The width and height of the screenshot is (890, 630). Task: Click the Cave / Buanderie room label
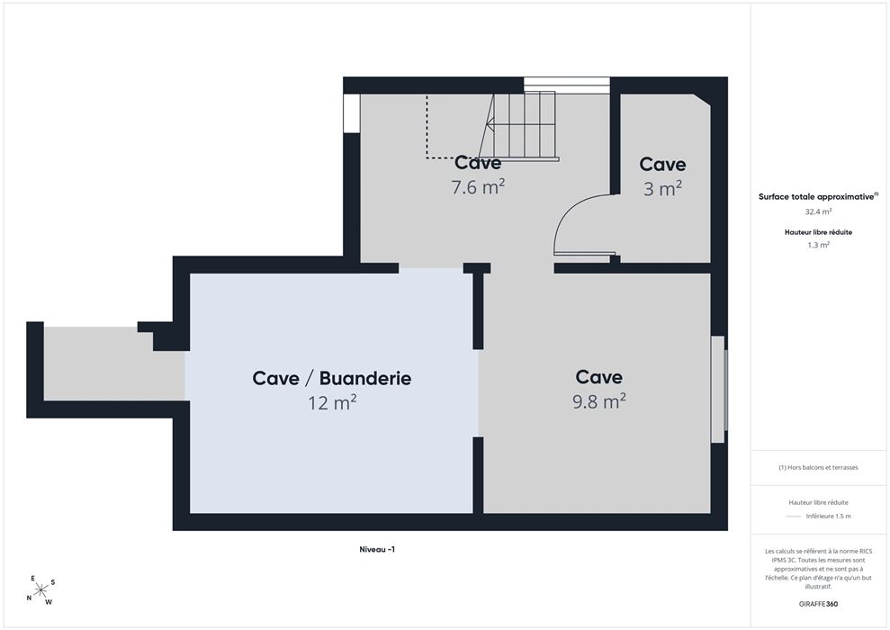pyautogui.click(x=332, y=378)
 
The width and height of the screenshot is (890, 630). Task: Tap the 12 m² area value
pyautogui.click(x=332, y=402)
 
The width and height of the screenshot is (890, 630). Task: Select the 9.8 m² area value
pyautogui.click(x=598, y=401)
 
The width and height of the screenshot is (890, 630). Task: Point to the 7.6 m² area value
pyautogui.click(x=478, y=186)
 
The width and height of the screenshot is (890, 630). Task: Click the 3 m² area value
pyautogui.click(x=662, y=188)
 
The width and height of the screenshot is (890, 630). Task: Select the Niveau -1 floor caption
pyautogui.click(x=377, y=549)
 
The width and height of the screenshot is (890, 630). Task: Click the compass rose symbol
pyautogui.click(x=40, y=590)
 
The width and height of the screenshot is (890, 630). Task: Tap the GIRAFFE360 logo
pyautogui.click(x=818, y=604)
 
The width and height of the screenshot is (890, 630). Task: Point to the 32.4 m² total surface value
pyautogui.click(x=818, y=211)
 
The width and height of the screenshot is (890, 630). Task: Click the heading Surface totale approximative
pyautogui.click(x=818, y=197)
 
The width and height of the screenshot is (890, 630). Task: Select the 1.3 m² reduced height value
pyautogui.click(x=818, y=245)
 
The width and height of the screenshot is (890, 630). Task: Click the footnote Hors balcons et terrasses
pyautogui.click(x=818, y=468)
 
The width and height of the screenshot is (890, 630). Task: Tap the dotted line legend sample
pyautogui.click(x=794, y=517)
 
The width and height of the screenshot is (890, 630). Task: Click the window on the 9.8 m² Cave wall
pyautogui.click(x=719, y=390)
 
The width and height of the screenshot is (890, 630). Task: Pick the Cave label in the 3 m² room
pyautogui.click(x=662, y=164)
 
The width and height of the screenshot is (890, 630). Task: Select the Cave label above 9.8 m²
pyautogui.click(x=598, y=377)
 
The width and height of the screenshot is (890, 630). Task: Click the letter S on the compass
pyautogui.click(x=53, y=582)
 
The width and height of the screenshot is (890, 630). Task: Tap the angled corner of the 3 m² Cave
pyautogui.click(x=703, y=100)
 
